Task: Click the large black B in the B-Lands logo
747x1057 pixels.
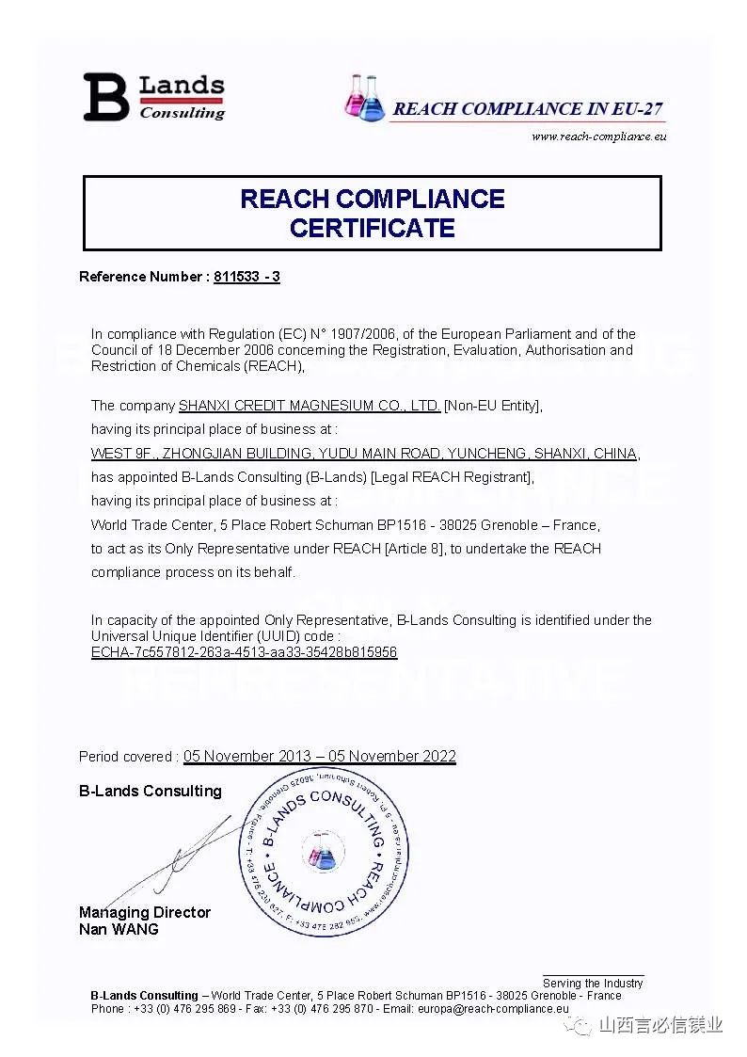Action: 105,97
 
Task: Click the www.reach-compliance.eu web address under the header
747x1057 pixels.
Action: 598,136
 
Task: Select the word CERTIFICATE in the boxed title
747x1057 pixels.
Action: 372,228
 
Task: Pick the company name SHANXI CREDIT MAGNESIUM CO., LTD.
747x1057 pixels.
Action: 310,406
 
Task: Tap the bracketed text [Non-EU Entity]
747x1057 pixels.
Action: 493,406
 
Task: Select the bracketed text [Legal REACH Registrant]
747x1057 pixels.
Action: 453,477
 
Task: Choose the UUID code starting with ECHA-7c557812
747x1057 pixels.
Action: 244,651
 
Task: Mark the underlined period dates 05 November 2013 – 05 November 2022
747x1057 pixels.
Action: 319,757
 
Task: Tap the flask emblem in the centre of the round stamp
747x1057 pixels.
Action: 323,853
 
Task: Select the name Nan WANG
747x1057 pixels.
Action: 119,929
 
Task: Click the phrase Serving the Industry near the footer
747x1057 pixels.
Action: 593,983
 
